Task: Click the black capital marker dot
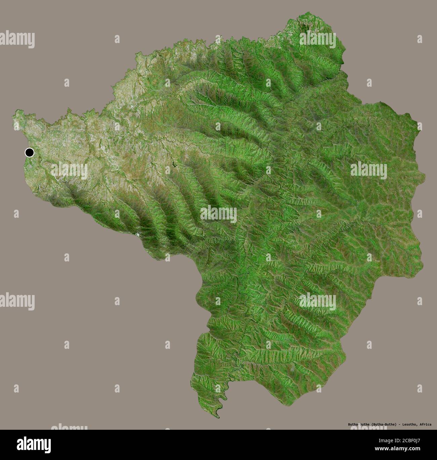click(30, 153)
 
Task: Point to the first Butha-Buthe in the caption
click(359, 424)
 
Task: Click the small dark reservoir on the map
click(174, 164)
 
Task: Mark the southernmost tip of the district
click(219, 418)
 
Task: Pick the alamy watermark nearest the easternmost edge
click(369, 169)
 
